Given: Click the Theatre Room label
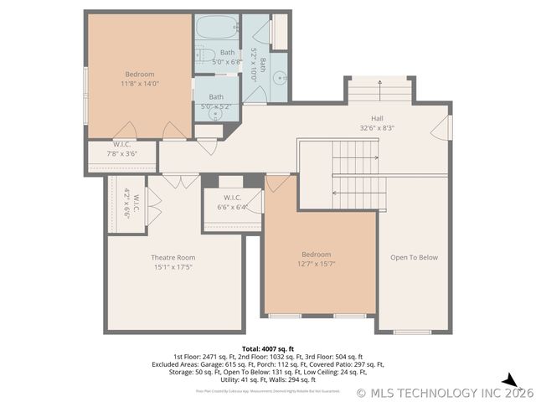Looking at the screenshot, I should click(x=173, y=257).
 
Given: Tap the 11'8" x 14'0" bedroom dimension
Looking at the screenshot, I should click(x=140, y=84).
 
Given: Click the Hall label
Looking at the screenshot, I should click(x=377, y=119).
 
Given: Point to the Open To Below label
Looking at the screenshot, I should click(x=415, y=257).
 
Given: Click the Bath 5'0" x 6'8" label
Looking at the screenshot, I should click(x=216, y=58).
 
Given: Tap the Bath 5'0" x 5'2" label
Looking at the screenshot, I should click(x=216, y=101).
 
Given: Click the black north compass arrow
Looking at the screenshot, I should click(x=509, y=380).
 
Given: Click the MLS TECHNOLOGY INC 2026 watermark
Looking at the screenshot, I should click(x=445, y=392).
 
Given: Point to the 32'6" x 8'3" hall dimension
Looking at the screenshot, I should click(x=377, y=128).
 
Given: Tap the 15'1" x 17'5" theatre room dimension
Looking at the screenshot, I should click(x=173, y=267).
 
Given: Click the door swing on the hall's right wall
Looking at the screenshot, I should click(x=441, y=127).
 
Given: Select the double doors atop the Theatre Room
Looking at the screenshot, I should click(x=180, y=181).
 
